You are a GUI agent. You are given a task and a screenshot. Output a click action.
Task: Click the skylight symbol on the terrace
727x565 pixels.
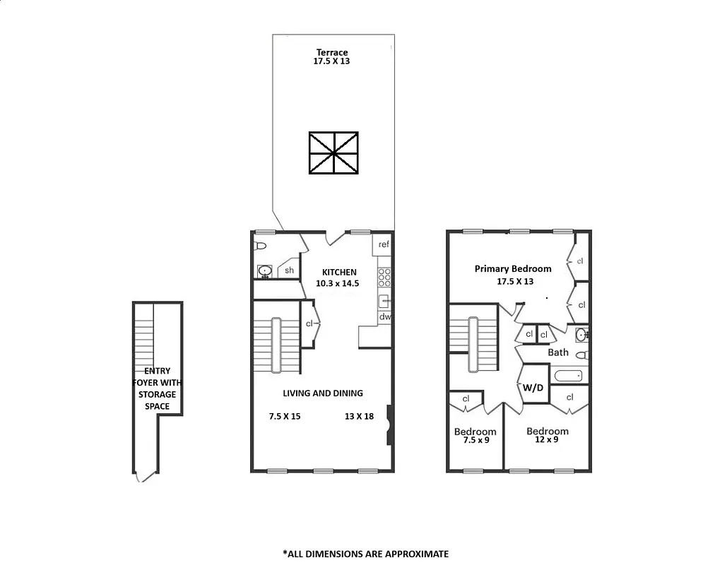click(334, 153)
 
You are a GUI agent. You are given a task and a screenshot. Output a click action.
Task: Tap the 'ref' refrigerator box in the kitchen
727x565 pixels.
click(384, 244)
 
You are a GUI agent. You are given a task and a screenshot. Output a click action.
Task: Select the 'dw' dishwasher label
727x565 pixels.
click(384, 317)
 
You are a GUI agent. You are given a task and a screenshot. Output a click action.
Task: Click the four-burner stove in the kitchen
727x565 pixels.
click(384, 277)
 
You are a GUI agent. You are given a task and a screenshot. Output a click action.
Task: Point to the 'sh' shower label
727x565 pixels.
click(289, 270)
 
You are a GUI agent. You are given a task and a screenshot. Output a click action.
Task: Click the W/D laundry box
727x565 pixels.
click(533, 387)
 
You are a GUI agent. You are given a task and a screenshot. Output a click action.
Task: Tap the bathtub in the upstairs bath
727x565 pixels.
click(568, 376)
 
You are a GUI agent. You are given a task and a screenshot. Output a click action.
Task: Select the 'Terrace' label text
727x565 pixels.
click(332, 52)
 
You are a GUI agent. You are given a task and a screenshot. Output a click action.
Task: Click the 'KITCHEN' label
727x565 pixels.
click(339, 272)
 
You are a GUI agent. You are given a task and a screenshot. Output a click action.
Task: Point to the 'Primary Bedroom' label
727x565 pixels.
click(513, 268)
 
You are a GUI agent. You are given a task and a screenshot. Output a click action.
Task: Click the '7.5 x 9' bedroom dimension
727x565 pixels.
click(475, 440)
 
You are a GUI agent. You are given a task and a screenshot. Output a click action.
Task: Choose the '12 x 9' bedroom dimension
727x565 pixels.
click(547, 439)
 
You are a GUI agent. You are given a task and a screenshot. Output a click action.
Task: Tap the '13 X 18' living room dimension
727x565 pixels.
click(359, 416)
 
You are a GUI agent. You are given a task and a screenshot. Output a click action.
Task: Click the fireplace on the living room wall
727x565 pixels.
click(389, 424)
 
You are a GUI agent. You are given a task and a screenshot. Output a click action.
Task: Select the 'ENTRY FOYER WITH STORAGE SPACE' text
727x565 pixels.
click(158, 388)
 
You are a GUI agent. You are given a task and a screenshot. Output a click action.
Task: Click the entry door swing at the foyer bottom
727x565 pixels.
click(146, 477)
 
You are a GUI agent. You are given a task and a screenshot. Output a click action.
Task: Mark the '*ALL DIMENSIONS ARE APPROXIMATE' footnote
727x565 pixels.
click(365, 554)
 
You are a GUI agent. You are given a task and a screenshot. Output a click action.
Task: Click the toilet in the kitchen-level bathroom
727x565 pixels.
click(260, 246)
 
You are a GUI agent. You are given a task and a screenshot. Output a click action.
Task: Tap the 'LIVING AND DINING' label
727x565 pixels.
click(323, 393)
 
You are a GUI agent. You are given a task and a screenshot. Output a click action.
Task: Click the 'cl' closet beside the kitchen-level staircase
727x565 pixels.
click(309, 323)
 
